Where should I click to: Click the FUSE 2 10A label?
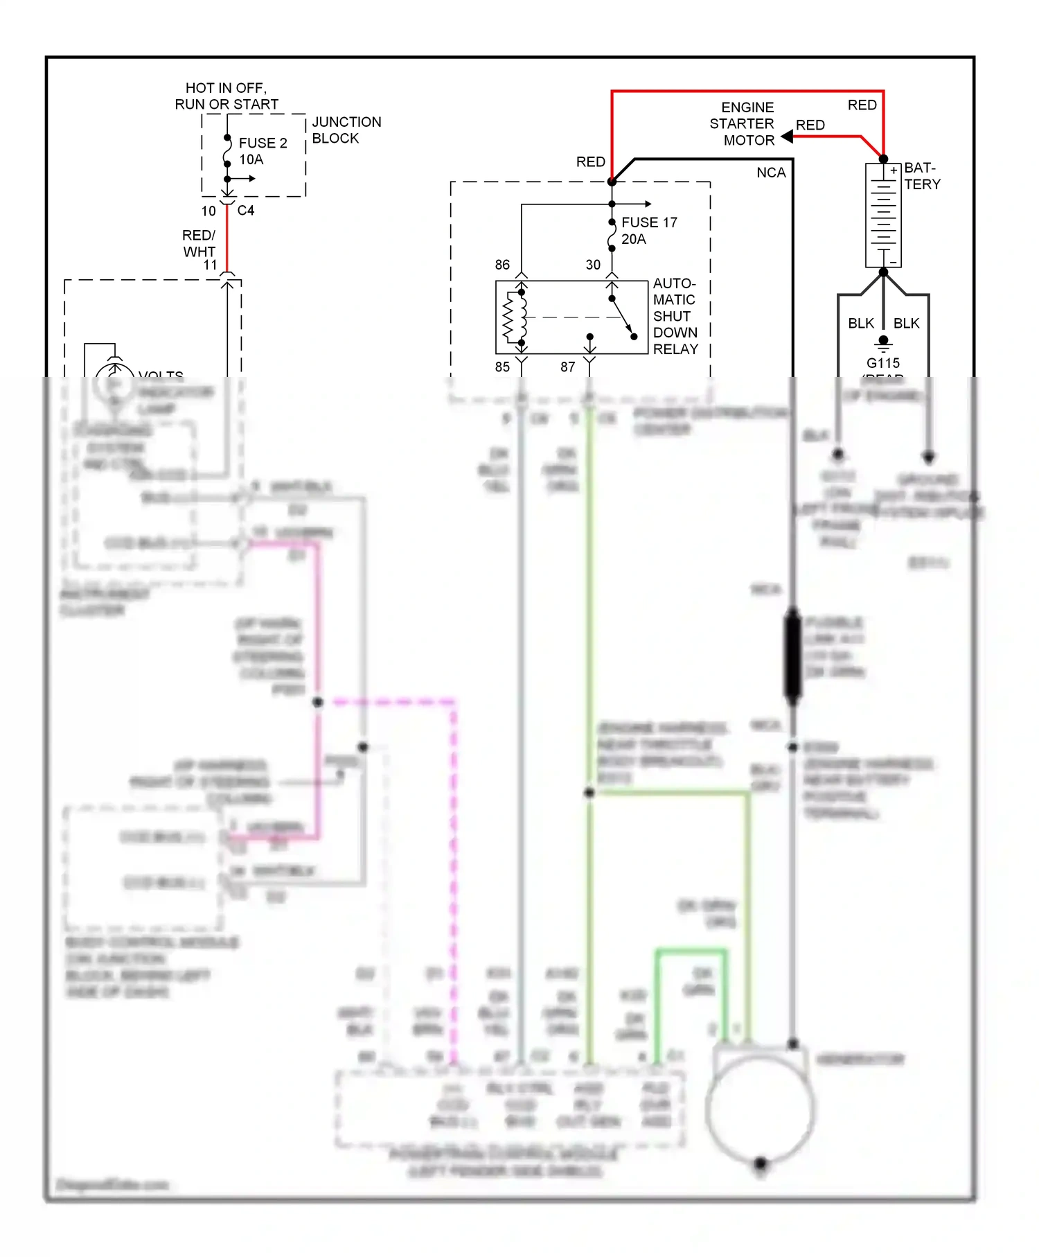pyautogui.click(x=262, y=151)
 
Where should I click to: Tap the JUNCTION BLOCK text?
pyautogui.click(x=346, y=130)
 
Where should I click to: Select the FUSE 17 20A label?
pyautogui.click(x=648, y=231)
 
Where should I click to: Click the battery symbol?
pyautogui.click(x=883, y=216)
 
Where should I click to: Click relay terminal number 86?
pyautogui.click(x=502, y=265)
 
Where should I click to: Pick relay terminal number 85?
pyautogui.click(x=502, y=367)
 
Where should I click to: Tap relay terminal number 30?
pyautogui.click(x=593, y=265)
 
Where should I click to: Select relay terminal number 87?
pyautogui.click(x=568, y=367)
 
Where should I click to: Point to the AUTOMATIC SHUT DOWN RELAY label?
pyautogui.click(x=675, y=317)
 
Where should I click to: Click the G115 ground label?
pyautogui.click(x=883, y=363)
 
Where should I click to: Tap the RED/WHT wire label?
pyautogui.click(x=199, y=243)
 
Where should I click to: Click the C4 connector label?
pyautogui.click(x=246, y=211)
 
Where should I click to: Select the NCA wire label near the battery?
pyautogui.click(x=771, y=173)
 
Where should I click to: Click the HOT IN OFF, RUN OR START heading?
pyautogui.click(x=227, y=96)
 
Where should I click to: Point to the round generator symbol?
pyautogui.click(x=760, y=1109)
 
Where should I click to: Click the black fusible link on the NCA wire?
pyautogui.click(x=792, y=656)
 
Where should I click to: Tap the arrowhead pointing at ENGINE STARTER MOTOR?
pyautogui.click(x=787, y=137)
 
